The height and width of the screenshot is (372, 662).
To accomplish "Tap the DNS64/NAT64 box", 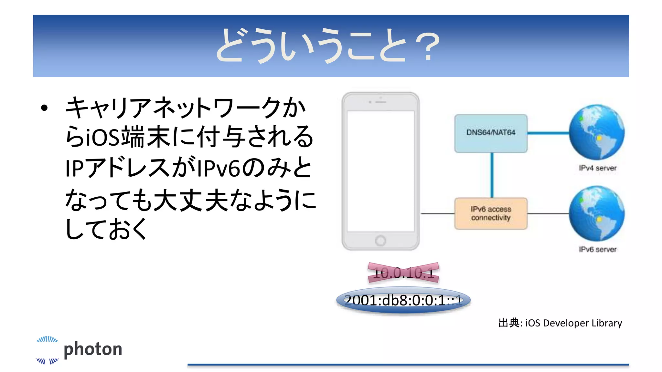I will click(491, 133).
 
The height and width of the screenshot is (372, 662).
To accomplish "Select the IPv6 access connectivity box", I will click(491, 213).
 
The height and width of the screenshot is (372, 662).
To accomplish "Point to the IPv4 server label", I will click(597, 168).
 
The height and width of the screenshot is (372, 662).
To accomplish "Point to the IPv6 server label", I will click(597, 249).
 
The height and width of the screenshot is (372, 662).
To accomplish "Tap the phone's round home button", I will click(380, 241).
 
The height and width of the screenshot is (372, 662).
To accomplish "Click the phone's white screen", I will click(380, 171).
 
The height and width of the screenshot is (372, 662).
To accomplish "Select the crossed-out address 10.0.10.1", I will click(403, 273).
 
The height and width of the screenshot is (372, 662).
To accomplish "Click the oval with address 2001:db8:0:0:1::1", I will click(403, 300).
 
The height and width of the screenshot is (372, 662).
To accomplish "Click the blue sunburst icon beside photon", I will click(47, 350).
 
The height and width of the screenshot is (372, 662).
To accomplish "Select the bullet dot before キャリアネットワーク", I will click(44, 108).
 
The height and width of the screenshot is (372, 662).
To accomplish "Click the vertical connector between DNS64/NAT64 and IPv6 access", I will click(492, 175).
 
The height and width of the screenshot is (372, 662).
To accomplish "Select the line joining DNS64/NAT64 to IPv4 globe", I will click(548, 133).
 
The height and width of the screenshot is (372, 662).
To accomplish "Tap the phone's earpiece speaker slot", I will click(381, 102).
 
